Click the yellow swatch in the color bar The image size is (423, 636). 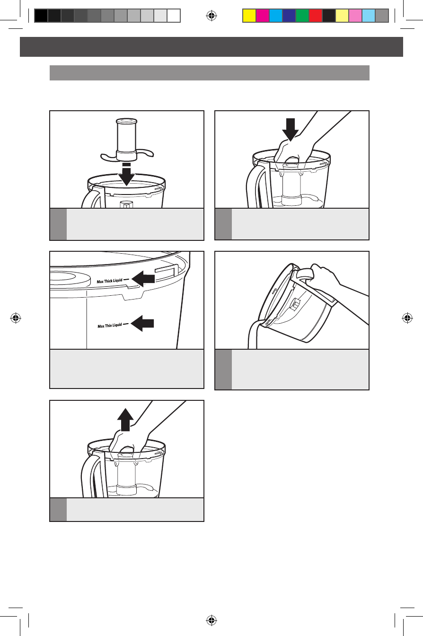(x=249, y=16)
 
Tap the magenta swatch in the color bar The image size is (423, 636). (x=263, y=16)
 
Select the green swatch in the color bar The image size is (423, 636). (x=302, y=16)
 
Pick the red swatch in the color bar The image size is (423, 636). (x=316, y=16)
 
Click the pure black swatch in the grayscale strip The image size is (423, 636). (x=41, y=16)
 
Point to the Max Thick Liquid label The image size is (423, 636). (x=110, y=281)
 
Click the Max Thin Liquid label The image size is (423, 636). (x=110, y=326)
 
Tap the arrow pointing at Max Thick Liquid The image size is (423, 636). (x=143, y=279)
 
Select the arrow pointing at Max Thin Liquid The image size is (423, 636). (x=142, y=323)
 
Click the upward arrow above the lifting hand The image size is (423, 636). (x=125, y=420)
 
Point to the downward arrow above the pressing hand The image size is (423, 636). (x=291, y=130)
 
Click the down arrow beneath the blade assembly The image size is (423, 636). (x=127, y=174)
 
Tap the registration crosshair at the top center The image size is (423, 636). (x=211, y=16)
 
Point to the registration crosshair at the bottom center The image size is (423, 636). (x=211, y=620)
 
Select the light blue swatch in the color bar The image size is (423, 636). (x=369, y=16)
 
